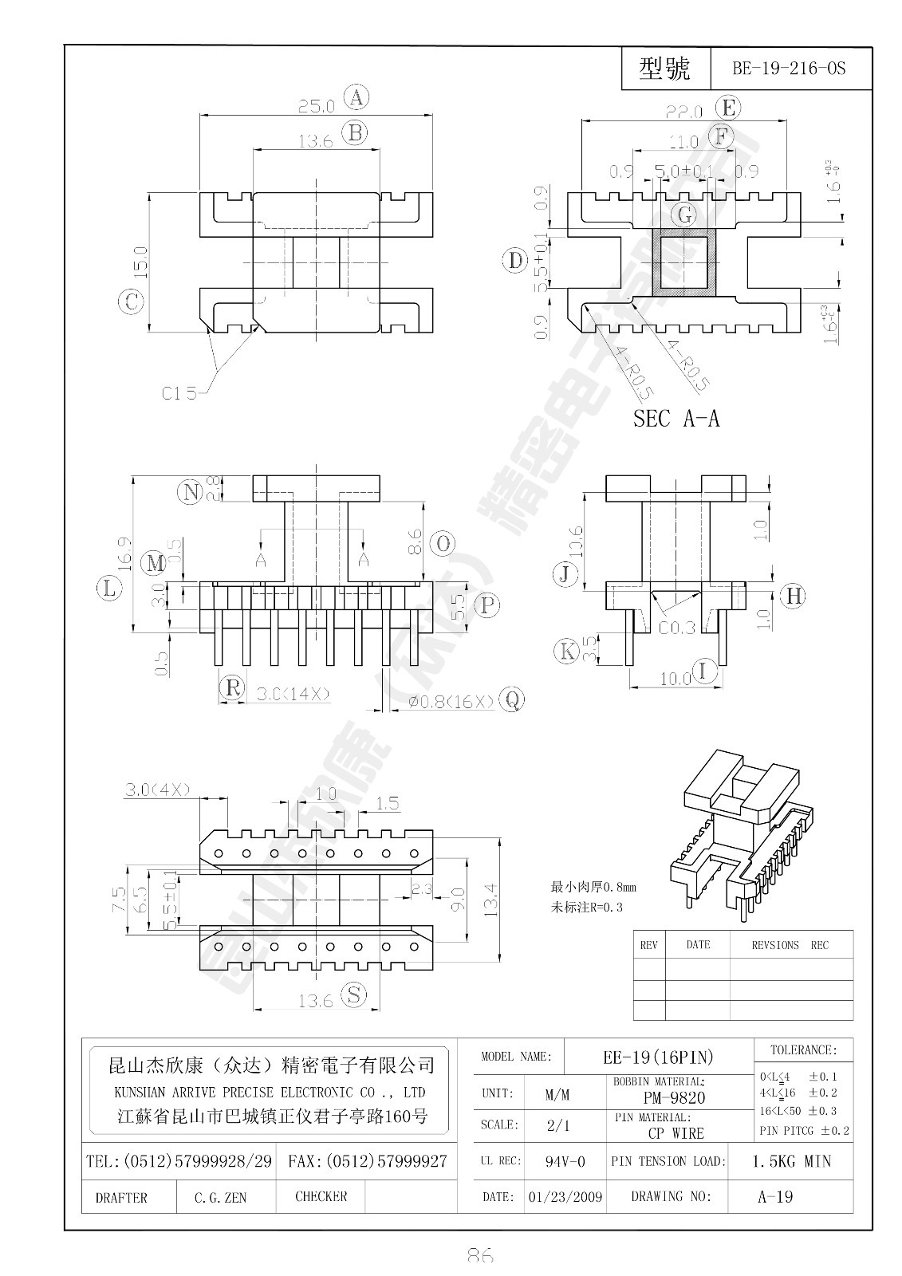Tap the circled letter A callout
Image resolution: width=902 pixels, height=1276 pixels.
pos(356,98)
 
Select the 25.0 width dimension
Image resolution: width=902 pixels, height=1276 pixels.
pos(316,104)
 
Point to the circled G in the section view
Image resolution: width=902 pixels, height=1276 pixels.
pos(684,215)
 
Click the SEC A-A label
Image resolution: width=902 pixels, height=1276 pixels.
pos(676,419)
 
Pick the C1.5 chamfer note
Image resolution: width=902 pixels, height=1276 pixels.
pos(180,392)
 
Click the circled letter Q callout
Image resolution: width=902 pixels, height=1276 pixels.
pos(511,700)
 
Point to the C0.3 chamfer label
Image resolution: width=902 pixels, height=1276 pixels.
pos(677,628)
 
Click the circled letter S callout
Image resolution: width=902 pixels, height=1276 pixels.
pos(354,994)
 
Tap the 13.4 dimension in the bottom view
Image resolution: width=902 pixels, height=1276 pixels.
pos(490,898)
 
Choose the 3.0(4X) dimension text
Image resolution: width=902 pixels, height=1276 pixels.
pos(156,790)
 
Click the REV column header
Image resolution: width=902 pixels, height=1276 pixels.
pos(648,945)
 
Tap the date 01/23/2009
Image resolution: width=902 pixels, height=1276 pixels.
pos(565,1197)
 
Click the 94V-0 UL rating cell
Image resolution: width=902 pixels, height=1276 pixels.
pos(565,1161)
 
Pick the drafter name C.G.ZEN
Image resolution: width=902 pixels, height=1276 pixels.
pos(220,1197)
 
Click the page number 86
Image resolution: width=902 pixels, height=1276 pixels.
pos(479,1255)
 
